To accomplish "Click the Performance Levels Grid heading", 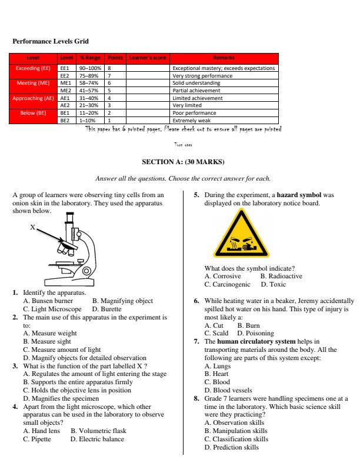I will tap(51, 42).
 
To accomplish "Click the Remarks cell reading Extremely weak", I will tap(189, 119).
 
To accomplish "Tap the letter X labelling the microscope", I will tap(33, 226).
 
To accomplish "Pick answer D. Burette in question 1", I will tap(107, 309).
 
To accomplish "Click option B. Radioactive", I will tap(281, 276).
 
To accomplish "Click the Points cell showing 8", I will tap(109, 68).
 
